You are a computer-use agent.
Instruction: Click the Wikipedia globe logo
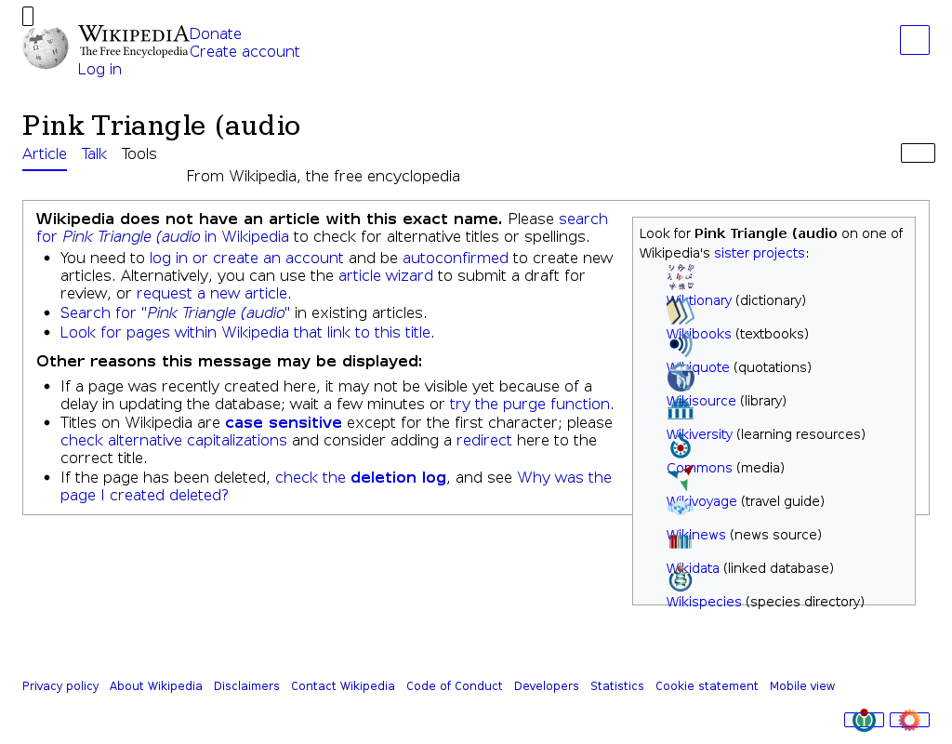[x=46, y=47]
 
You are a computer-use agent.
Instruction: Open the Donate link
[x=216, y=34]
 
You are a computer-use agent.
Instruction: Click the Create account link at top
[x=245, y=52]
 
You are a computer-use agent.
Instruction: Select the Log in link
[x=99, y=70]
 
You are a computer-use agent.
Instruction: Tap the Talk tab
[x=95, y=154]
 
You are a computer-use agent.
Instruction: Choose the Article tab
[x=45, y=154]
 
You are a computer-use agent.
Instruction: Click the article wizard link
[x=386, y=276]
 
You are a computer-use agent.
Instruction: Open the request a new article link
[x=212, y=294]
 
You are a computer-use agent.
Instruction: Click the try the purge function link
[x=530, y=405]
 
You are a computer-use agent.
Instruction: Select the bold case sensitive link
[x=284, y=423]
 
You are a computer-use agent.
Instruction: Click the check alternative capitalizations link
[x=174, y=441]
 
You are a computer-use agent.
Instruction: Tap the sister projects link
[x=759, y=253]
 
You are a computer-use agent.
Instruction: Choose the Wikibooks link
[x=699, y=334]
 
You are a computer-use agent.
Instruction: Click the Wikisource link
[x=701, y=401]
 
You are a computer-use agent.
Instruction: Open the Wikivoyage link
[x=702, y=501]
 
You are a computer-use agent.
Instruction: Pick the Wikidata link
[x=693, y=568]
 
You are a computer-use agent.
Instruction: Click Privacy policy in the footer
[x=60, y=686]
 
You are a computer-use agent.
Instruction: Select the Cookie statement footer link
[x=707, y=686]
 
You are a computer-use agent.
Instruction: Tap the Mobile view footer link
[x=802, y=686]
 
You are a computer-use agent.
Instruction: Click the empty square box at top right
[x=915, y=41]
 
